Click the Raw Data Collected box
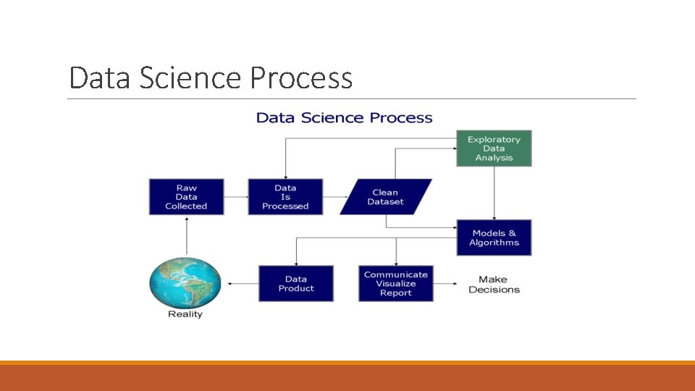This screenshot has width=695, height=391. click(x=186, y=197)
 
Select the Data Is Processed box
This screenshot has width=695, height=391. click(x=285, y=197)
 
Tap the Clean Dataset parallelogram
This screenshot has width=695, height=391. click(x=385, y=197)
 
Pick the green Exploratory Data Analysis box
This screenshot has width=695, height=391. click(x=494, y=148)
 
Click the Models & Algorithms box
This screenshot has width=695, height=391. click(x=494, y=237)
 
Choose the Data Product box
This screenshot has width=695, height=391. click(x=296, y=283)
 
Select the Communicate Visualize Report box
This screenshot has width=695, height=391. click(x=396, y=283)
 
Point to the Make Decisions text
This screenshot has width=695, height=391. click(x=494, y=285)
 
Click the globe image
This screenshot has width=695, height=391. click(x=185, y=282)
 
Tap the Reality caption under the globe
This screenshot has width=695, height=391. click(x=185, y=314)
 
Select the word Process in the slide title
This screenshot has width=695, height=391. click(x=301, y=77)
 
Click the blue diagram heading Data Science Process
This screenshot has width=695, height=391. click(x=345, y=118)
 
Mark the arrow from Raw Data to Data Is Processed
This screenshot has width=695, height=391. click(x=235, y=197)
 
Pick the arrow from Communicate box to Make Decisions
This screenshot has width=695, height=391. click(x=447, y=283)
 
